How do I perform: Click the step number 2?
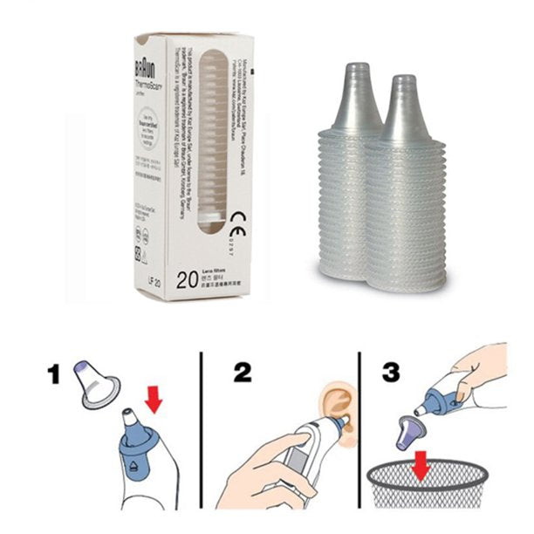(x=242, y=373)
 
